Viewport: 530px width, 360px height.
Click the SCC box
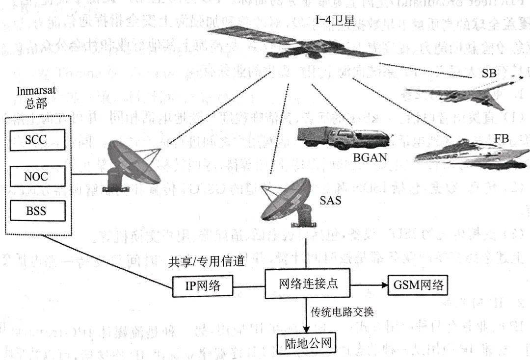pos(36,139)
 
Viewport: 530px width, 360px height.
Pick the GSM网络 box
pos(418,284)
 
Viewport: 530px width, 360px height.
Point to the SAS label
pos(331,200)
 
